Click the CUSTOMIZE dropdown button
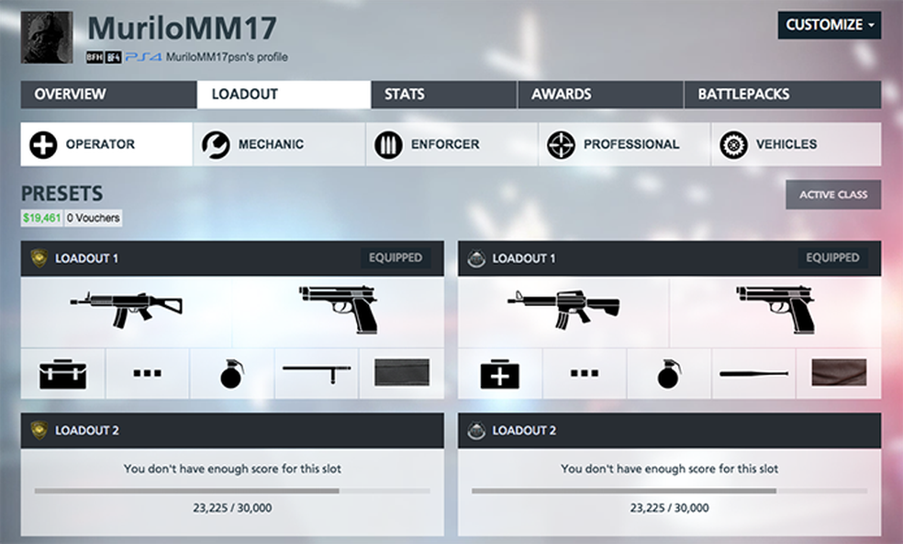[829, 26]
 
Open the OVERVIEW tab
[70, 95]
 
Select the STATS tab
[404, 95]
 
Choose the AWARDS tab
[561, 95]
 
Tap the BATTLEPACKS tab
[743, 95]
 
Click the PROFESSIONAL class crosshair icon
[561, 145]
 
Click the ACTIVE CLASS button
[832, 195]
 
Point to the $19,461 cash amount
[40, 219]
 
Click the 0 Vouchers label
[94, 219]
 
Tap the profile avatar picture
[47, 38]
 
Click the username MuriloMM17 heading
[182, 29]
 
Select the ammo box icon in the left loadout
[62, 374]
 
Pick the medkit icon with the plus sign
[500, 374]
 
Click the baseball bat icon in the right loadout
[753, 374]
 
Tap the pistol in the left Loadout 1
[339, 308]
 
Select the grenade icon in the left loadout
[231, 374]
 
